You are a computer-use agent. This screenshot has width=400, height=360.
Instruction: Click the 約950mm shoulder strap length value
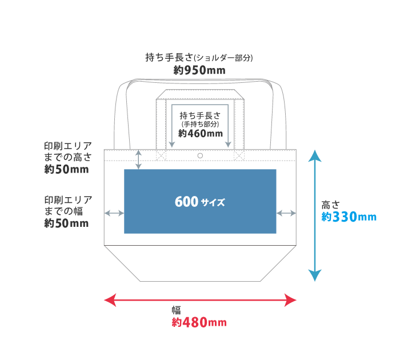point(199,70)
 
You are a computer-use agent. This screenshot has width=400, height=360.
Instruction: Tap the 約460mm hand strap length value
point(200,134)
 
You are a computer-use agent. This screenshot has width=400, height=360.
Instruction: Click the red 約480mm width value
point(199,322)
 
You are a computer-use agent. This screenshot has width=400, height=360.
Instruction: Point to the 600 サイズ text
point(200,202)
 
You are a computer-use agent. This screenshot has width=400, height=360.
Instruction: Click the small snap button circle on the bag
point(200,155)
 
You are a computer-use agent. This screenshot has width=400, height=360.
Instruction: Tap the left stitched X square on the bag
point(161,155)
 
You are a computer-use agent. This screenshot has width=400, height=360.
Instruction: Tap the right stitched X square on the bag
point(239,155)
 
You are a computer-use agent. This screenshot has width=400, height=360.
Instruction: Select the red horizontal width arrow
point(200,299)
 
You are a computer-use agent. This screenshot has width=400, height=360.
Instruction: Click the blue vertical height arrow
point(314,215)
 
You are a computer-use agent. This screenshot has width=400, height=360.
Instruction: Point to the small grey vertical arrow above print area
point(138,159)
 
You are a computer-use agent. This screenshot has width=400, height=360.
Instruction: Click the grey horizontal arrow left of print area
point(114,213)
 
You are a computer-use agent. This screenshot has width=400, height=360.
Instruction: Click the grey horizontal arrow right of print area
point(286,213)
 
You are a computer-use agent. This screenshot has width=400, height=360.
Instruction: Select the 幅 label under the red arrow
point(177,310)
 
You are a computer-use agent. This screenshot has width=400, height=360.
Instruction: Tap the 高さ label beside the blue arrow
point(330,204)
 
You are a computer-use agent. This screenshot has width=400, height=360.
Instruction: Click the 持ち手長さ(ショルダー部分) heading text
point(199,58)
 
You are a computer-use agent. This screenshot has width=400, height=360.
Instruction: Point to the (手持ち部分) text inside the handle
point(200,123)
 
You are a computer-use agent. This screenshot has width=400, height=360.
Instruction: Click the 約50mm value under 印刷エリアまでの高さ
point(66,170)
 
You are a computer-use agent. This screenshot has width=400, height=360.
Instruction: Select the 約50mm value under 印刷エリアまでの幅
point(66,223)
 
